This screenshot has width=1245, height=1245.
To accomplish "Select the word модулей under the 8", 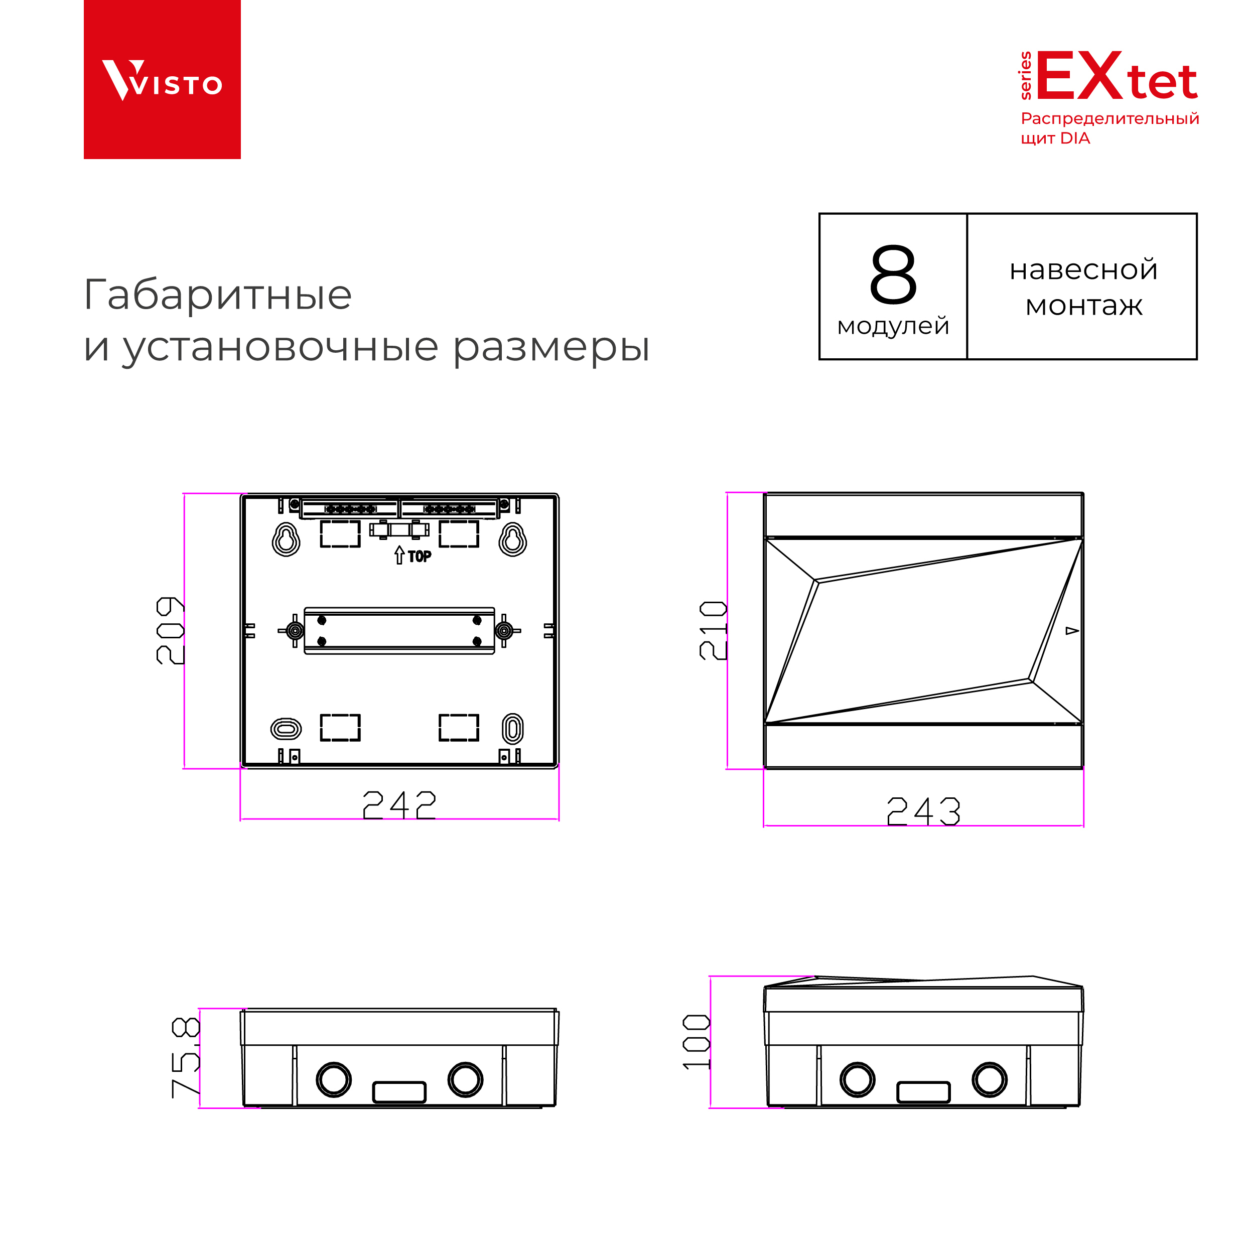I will (x=893, y=326).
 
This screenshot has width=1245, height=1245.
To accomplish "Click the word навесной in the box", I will (x=1083, y=269).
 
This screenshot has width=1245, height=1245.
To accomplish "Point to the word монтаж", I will (x=1083, y=306).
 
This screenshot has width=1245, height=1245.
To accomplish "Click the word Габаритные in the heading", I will (x=218, y=295).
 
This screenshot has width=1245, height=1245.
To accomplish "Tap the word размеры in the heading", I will (x=551, y=348).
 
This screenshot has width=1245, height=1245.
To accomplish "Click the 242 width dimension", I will (x=399, y=805).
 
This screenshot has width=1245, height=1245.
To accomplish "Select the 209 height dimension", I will (x=170, y=630).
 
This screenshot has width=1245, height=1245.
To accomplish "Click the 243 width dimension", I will (x=923, y=812).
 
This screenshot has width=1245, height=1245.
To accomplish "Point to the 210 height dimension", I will (x=713, y=630).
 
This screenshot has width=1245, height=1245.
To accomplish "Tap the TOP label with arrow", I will (x=413, y=556).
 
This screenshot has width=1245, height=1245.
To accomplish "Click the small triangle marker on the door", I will (x=1072, y=631).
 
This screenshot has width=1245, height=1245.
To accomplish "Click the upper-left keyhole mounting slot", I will (x=286, y=539).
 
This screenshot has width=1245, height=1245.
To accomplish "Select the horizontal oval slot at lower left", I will (x=286, y=729).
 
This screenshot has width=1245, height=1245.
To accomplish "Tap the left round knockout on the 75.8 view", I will (x=334, y=1079).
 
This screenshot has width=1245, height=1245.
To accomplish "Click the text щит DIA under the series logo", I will (x=1055, y=139).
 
